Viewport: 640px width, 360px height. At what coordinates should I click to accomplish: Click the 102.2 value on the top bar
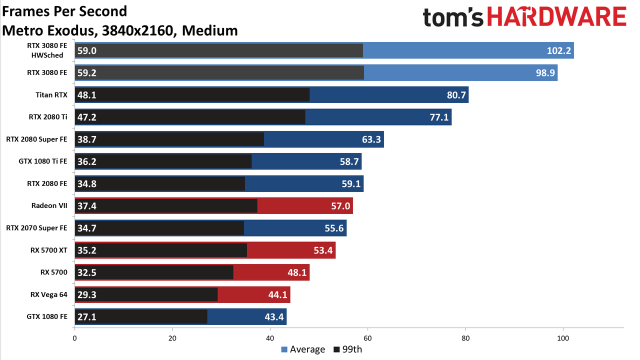pos(558,50)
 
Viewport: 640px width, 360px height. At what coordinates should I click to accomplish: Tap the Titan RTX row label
pos(51,95)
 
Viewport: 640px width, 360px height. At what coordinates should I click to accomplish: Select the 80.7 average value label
pos(456,95)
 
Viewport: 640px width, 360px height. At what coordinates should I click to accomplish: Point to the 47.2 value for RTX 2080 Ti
pos(87,117)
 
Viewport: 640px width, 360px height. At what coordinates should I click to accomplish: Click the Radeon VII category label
pos(49,205)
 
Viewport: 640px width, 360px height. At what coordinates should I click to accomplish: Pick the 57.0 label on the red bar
pos(340,205)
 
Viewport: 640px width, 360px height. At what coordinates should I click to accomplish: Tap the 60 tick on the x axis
pos(367,338)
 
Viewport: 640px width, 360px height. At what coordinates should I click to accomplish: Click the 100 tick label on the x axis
pos(563,338)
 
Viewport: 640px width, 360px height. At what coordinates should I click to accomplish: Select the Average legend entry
pos(303,349)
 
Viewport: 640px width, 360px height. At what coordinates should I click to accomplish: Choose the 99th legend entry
pos(347,349)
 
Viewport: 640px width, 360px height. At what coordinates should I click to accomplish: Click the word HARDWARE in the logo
pos(556,16)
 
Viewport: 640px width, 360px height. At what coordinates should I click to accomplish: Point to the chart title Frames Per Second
pos(64,11)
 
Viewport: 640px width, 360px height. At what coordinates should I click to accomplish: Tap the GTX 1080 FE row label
pos(47,316)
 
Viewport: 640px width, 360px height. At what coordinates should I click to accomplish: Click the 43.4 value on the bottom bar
pos(274,317)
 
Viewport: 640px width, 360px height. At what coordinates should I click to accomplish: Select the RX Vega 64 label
pos(49,294)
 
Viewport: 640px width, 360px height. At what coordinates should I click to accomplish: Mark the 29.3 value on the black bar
pos(87,294)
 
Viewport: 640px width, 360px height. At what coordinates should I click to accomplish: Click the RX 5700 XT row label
pos(49,250)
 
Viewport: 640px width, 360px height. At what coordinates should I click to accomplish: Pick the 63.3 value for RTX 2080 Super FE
pos(371,139)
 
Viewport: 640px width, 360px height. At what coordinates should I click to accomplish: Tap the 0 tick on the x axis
pos(74,338)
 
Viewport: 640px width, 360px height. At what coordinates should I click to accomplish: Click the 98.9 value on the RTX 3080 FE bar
pos(545,73)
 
